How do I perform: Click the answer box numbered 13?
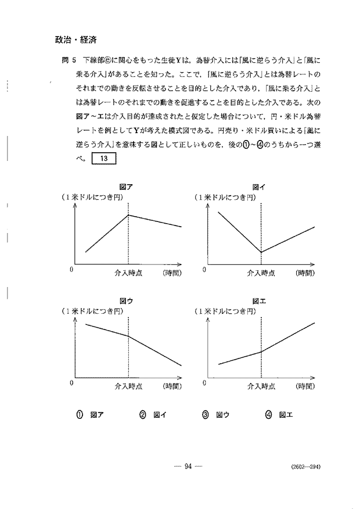click(x=105, y=159)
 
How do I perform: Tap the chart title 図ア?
click(x=126, y=187)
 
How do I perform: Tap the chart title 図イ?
click(x=259, y=187)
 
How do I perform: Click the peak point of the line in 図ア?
click(x=128, y=215)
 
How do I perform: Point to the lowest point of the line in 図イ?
click(x=261, y=252)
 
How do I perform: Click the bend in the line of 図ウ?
click(x=128, y=336)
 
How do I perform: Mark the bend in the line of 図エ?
click(x=261, y=352)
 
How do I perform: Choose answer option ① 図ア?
click(x=92, y=415)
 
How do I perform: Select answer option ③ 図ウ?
click(x=216, y=415)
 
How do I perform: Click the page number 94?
click(x=188, y=465)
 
